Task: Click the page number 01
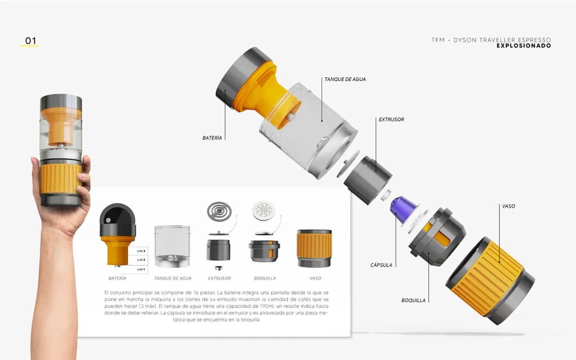[30, 41]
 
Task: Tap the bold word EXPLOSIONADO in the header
[524, 46]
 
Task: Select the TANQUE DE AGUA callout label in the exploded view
[345, 79]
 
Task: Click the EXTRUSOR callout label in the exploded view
[391, 119]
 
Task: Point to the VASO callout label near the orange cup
[508, 206]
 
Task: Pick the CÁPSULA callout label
[381, 265]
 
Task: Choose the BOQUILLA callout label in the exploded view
[413, 300]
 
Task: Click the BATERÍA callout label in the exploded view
[212, 138]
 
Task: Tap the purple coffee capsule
[403, 209]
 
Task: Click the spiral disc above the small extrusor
[219, 211]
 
